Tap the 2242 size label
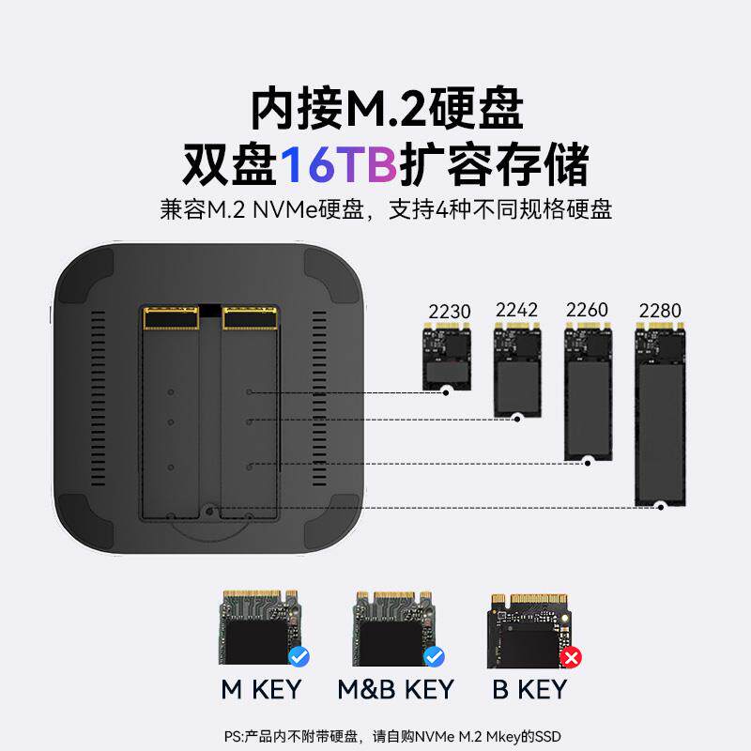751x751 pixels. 516,310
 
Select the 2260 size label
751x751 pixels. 587,310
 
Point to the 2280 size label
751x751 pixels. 660,311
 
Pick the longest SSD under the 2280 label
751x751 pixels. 660,413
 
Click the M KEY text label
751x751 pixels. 261,690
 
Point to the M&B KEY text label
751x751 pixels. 395,690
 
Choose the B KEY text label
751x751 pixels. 530,690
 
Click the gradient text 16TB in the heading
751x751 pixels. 339,165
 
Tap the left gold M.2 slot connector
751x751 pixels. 171,317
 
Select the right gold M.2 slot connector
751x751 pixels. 250,317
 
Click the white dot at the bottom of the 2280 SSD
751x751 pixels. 661,506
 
